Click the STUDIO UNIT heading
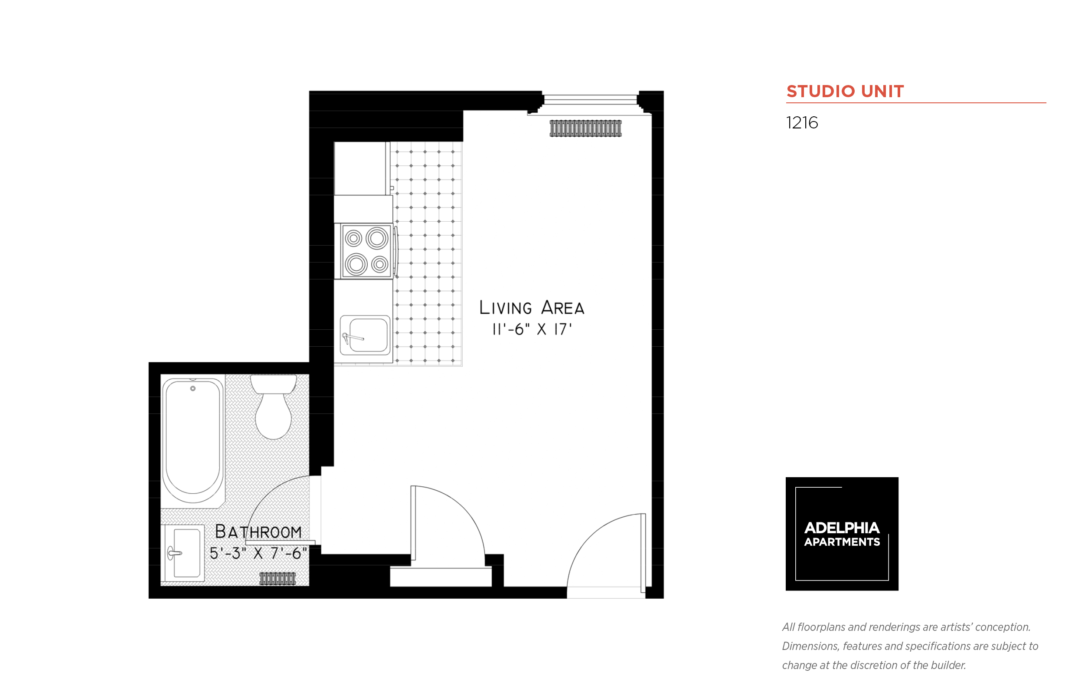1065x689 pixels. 845,91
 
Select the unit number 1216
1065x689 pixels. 802,123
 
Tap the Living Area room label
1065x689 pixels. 531,307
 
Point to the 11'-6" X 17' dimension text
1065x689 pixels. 532,329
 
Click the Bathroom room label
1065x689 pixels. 258,532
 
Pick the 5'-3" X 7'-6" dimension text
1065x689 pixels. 258,554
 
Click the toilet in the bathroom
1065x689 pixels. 273,406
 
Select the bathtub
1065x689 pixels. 193,440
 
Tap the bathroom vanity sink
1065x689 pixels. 185,553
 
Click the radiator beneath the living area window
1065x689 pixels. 585,128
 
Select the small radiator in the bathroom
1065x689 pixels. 277,578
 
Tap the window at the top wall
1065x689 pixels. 590,100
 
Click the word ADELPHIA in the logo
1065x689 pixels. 841,528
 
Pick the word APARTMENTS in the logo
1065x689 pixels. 841,542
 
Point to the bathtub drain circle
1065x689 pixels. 193,388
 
